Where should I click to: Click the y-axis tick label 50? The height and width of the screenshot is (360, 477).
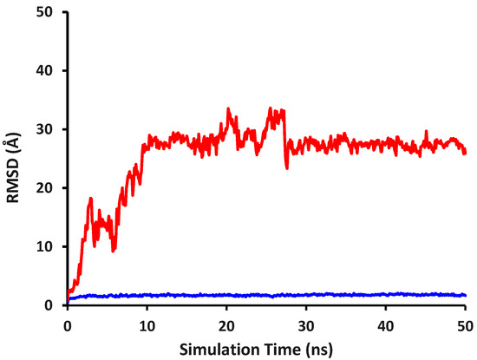[50, 11]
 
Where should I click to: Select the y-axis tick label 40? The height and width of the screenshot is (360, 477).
[50, 70]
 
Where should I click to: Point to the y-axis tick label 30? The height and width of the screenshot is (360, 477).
[50, 129]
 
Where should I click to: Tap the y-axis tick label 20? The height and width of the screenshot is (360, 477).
[50, 187]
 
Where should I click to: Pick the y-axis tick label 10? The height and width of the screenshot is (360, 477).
[50, 246]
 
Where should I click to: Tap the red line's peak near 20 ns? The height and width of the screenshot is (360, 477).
[228, 109]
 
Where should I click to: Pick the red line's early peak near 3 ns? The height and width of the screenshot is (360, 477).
[90, 199]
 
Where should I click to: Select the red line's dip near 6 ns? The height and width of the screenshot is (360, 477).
[114, 250]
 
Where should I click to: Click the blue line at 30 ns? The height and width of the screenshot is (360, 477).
[306, 295]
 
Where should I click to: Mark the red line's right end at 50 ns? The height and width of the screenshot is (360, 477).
[465, 153]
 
